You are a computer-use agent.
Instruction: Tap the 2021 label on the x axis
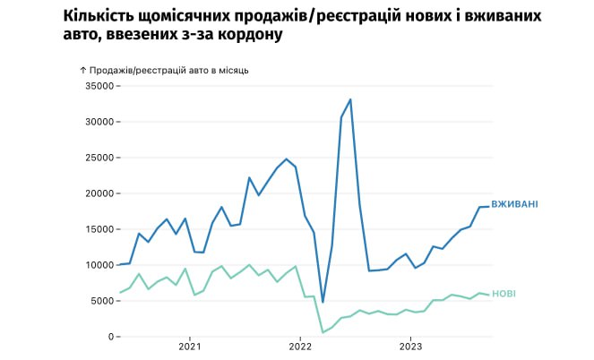pos(189,346)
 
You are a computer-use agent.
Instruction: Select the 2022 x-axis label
pos(300,346)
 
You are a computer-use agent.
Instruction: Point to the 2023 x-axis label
pos(410,346)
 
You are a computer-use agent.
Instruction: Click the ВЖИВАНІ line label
pos(514,204)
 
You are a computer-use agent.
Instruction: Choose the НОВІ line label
pos(504,294)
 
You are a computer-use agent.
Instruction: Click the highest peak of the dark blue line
pos(350,99)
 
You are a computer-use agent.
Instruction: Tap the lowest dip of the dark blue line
pos(323,303)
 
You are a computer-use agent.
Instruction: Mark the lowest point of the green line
pos(323,332)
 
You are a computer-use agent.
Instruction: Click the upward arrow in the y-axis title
pos(83,69)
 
